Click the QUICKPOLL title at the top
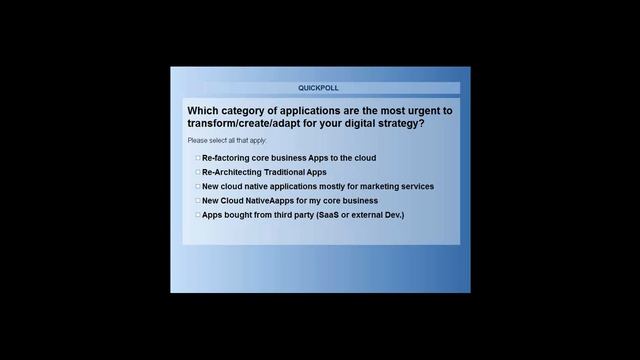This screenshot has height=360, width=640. (x=318, y=88)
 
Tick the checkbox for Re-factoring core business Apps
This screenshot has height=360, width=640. (x=198, y=158)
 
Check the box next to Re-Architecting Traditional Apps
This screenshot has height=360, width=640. (x=198, y=172)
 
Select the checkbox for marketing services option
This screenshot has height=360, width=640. (x=198, y=186)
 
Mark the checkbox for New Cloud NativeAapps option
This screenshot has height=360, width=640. (x=198, y=200)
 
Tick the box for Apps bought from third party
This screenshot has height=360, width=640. (x=198, y=214)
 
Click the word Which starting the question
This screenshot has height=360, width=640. (x=203, y=110)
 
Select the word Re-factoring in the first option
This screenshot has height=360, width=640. (x=225, y=158)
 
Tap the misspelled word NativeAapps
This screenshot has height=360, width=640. (x=275, y=200)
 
